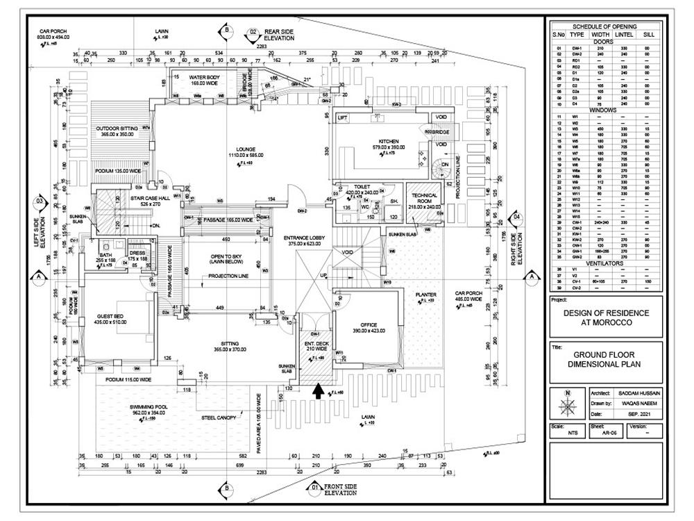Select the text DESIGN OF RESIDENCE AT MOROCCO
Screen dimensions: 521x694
(x=607, y=318)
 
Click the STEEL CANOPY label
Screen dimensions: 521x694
(x=218, y=418)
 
